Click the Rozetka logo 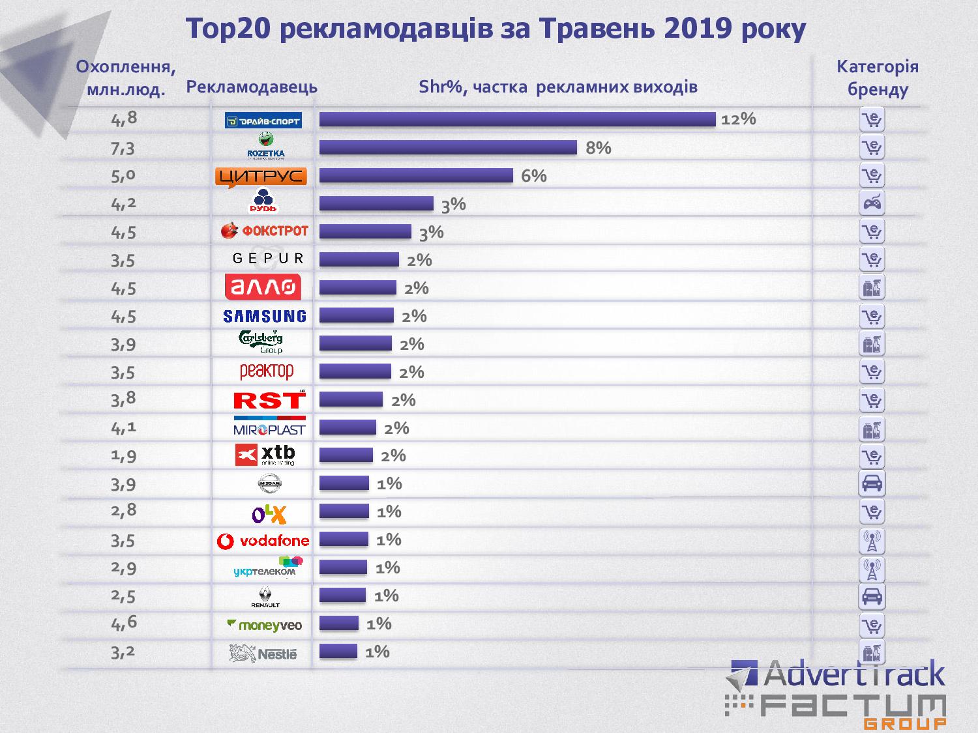[x=266, y=147]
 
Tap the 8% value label [x=598, y=148]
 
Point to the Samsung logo [x=264, y=316]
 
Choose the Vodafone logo [x=263, y=540]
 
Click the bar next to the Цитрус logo [x=416, y=176]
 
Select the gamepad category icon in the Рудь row [x=872, y=203]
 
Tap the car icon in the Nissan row [x=872, y=483]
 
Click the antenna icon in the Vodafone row [x=872, y=540]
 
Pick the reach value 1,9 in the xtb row [x=123, y=455]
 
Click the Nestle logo [x=263, y=653]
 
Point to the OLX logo [x=269, y=514]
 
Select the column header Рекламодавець [x=252, y=87]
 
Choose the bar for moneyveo [x=339, y=624]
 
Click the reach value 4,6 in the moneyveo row [x=124, y=624]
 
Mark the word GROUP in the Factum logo [x=904, y=723]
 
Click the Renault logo [x=265, y=596]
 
